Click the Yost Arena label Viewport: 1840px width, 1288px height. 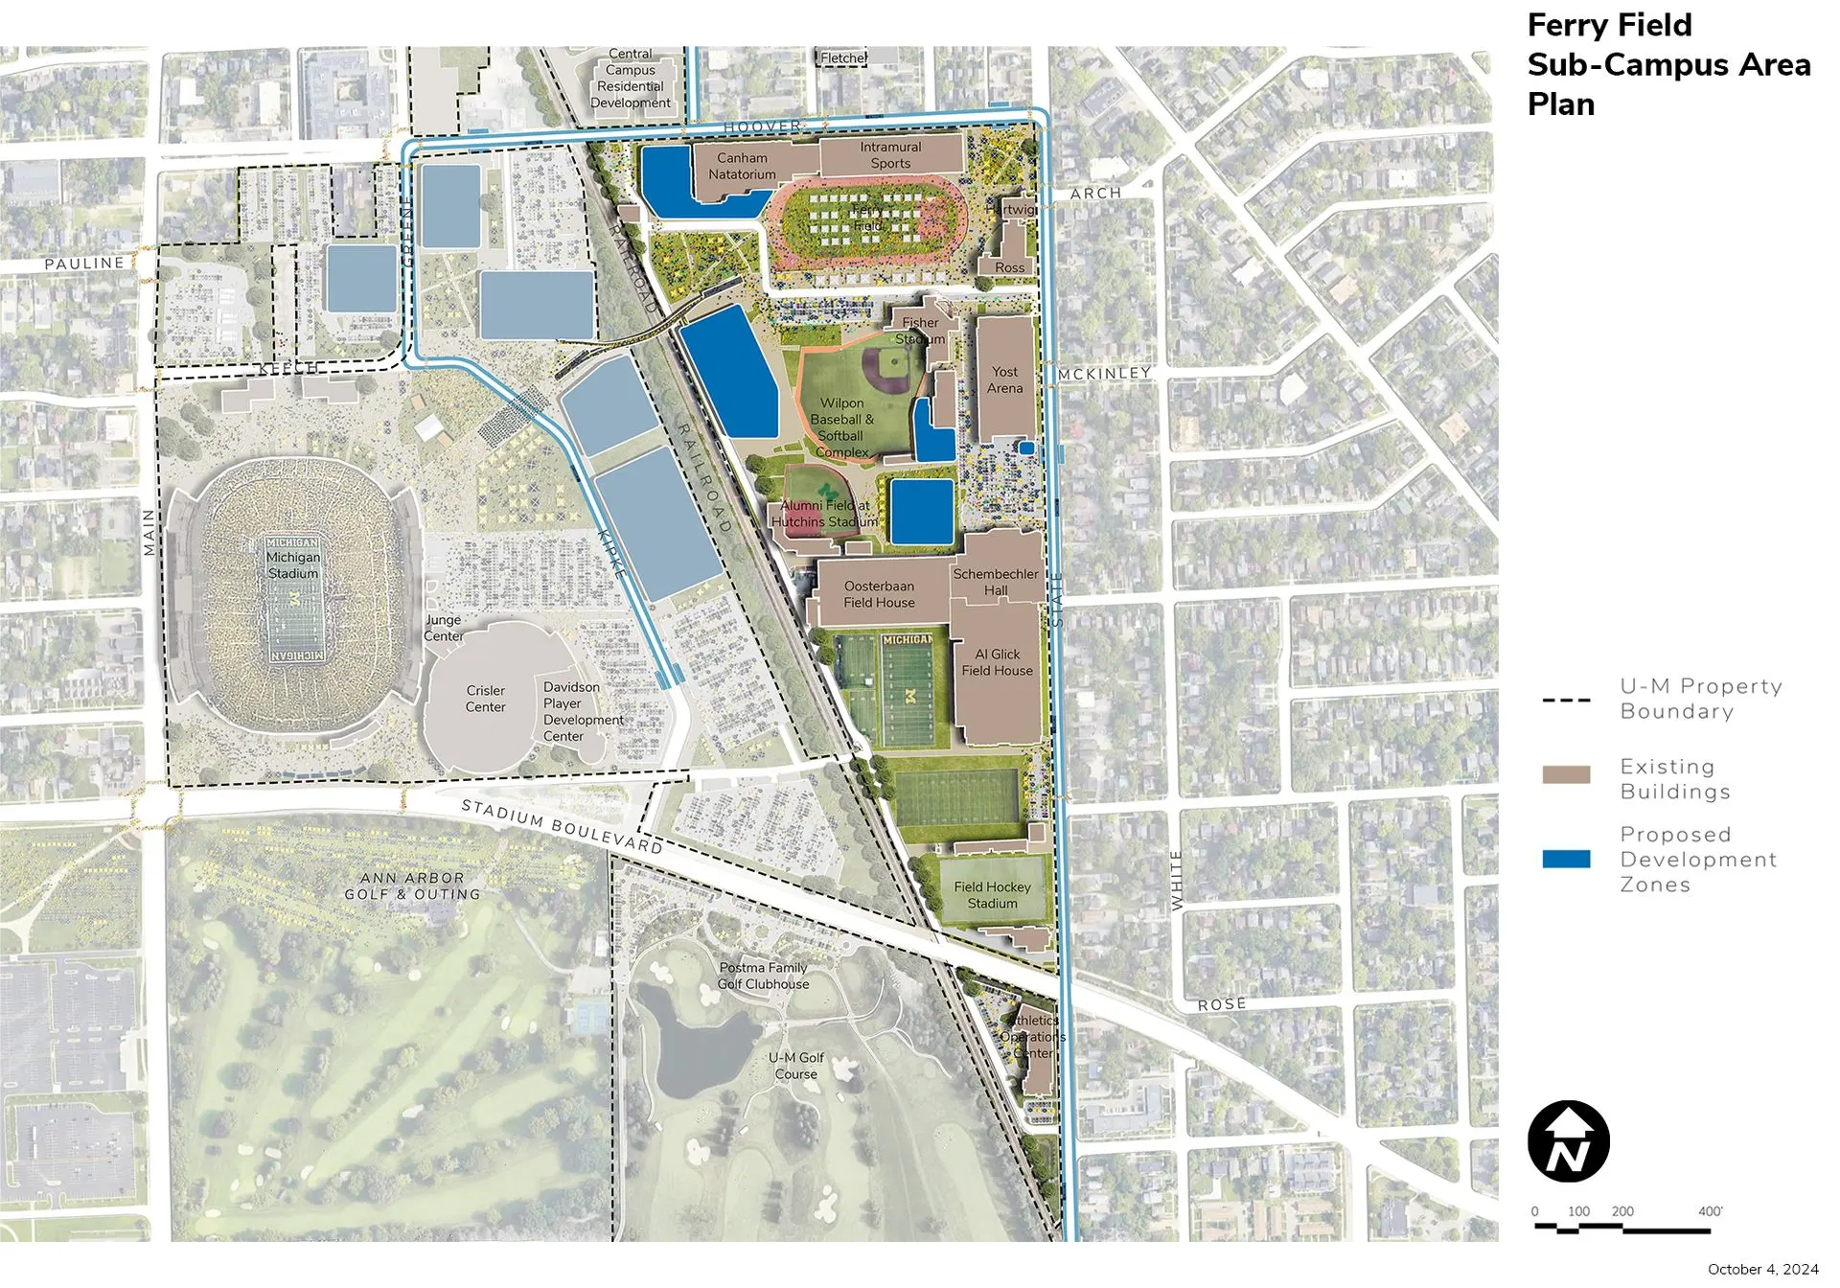(1005, 379)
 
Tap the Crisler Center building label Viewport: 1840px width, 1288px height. (485, 699)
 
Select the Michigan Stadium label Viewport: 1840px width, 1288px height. (293, 565)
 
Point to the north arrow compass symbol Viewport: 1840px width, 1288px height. (1568, 1141)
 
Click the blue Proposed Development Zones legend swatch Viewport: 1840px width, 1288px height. (1566, 859)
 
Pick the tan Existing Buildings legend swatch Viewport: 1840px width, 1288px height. (1566, 774)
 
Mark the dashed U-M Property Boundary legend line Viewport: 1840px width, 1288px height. (1566, 701)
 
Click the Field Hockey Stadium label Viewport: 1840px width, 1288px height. (992, 895)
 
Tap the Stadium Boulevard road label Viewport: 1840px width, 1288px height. (562, 826)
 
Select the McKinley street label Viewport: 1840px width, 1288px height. (1104, 373)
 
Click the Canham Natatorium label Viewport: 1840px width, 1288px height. (742, 166)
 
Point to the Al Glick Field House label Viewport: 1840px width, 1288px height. (997, 662)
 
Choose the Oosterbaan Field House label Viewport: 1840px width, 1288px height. (879, 594)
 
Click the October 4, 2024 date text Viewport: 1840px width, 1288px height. (1762, 1269)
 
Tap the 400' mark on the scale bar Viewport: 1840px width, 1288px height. (1710, 1211)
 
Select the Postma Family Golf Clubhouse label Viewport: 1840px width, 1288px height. (763, 976)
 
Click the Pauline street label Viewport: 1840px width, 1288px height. (84, 263)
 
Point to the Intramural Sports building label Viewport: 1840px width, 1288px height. (890, 155)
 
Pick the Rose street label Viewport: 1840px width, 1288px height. (1222, 1004)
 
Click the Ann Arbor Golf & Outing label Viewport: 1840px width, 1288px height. (413, 885)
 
